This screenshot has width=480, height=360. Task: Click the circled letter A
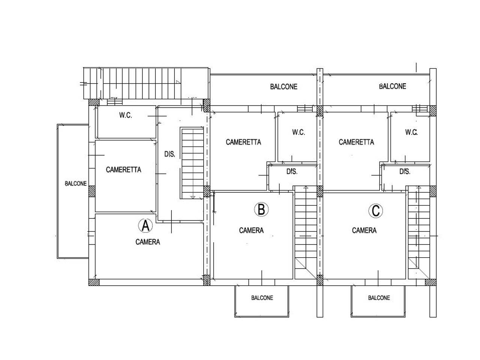(145, 226)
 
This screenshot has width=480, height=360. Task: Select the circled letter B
(261, 209)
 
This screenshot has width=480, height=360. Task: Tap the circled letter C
(375, 211)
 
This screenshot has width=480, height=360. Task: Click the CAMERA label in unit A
(148, 242)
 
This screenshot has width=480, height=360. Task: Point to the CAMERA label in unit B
(251, 230)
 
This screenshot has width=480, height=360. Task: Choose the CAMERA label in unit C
(364, 230)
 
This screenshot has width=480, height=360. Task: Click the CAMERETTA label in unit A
(123, 169)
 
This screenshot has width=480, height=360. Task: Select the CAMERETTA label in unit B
(243, 142)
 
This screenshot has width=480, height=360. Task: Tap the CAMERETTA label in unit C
(356, 142)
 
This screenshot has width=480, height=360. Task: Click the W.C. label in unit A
(126, 115)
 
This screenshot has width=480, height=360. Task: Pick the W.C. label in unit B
(298, 132)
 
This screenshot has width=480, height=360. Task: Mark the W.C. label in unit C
(411, 132)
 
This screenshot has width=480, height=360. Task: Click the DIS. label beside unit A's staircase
(170, 154)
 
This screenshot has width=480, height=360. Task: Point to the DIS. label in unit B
(292, 172)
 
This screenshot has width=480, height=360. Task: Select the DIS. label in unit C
(405, 172)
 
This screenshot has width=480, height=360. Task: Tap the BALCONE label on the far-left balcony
(76, 183)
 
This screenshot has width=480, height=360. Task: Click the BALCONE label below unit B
(262, 298)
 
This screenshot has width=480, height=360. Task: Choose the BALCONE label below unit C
(379, 298)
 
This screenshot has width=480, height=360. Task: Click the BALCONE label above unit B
(283, 87)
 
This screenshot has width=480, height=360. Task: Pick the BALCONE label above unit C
(393, 86)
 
